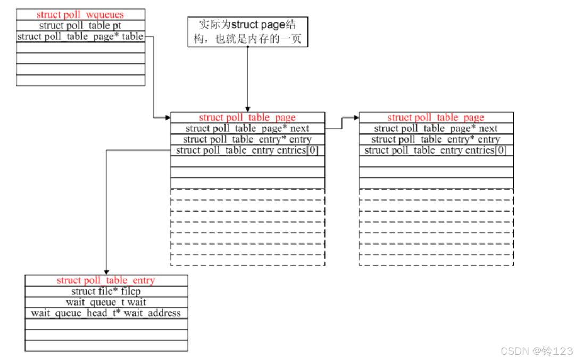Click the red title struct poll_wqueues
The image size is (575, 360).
coord(80,14)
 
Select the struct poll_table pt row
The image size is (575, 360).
coord(80,26)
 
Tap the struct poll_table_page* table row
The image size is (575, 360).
coord(80,37)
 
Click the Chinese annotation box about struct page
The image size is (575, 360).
coord(248,32)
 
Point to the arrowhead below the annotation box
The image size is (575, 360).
coord(248,109)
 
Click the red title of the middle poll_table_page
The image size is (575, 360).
coord(247,118)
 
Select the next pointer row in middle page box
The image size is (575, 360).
coord(247,129)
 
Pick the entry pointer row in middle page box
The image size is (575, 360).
coord(247,139)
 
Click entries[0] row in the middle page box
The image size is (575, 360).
coord(247,150)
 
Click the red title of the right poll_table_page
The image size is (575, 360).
coord(436,118)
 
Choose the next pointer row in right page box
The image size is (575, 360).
coord(436,129)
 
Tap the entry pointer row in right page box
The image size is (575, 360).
coord(436,139)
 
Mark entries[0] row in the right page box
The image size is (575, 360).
coord(436,150)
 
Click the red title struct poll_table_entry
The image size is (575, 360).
coord(106,280)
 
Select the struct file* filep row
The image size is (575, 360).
coord(106,291)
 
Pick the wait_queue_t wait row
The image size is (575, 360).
coord(106,303)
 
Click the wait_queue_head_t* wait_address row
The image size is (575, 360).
coord(106,313)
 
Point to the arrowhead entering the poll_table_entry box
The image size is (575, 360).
coord(106,272)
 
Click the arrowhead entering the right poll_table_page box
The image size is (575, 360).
coord(356,118)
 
